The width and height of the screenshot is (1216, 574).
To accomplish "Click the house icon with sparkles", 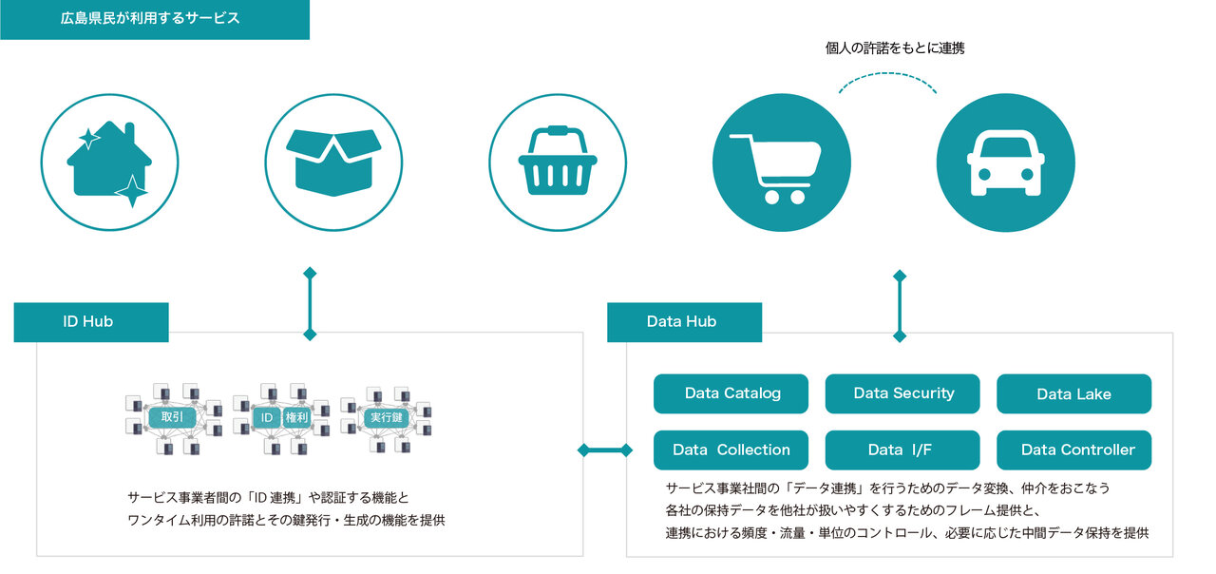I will coord(109,162).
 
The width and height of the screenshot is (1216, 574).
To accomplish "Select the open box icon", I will coord(333,162).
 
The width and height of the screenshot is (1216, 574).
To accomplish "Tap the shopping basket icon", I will coord(558,162).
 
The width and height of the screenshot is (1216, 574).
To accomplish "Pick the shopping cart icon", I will coord(781,162).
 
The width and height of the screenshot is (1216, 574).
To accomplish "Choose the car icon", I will coord(1005,162).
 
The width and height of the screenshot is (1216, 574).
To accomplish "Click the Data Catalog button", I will coord(731,393).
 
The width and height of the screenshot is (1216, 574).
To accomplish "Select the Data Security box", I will coord(902,393).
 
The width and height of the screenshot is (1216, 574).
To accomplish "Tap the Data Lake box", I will coord(1073,393).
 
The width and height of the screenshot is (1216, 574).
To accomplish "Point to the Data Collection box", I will coord(731,450).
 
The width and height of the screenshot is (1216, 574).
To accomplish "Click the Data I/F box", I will coord(902,450).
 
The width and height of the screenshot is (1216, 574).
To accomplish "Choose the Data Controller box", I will coord(1073,450).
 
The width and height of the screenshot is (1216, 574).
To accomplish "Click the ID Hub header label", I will coord(90,322).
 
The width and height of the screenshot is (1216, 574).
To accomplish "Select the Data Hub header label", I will coord(683,322).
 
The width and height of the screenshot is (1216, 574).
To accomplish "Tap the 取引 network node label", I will coord(172,417).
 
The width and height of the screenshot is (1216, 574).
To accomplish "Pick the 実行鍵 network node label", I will coord(384,417).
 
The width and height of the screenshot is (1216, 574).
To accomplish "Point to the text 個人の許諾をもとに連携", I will coord(894,48).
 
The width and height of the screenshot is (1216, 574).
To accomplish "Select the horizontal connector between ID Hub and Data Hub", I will coord(603,450).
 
